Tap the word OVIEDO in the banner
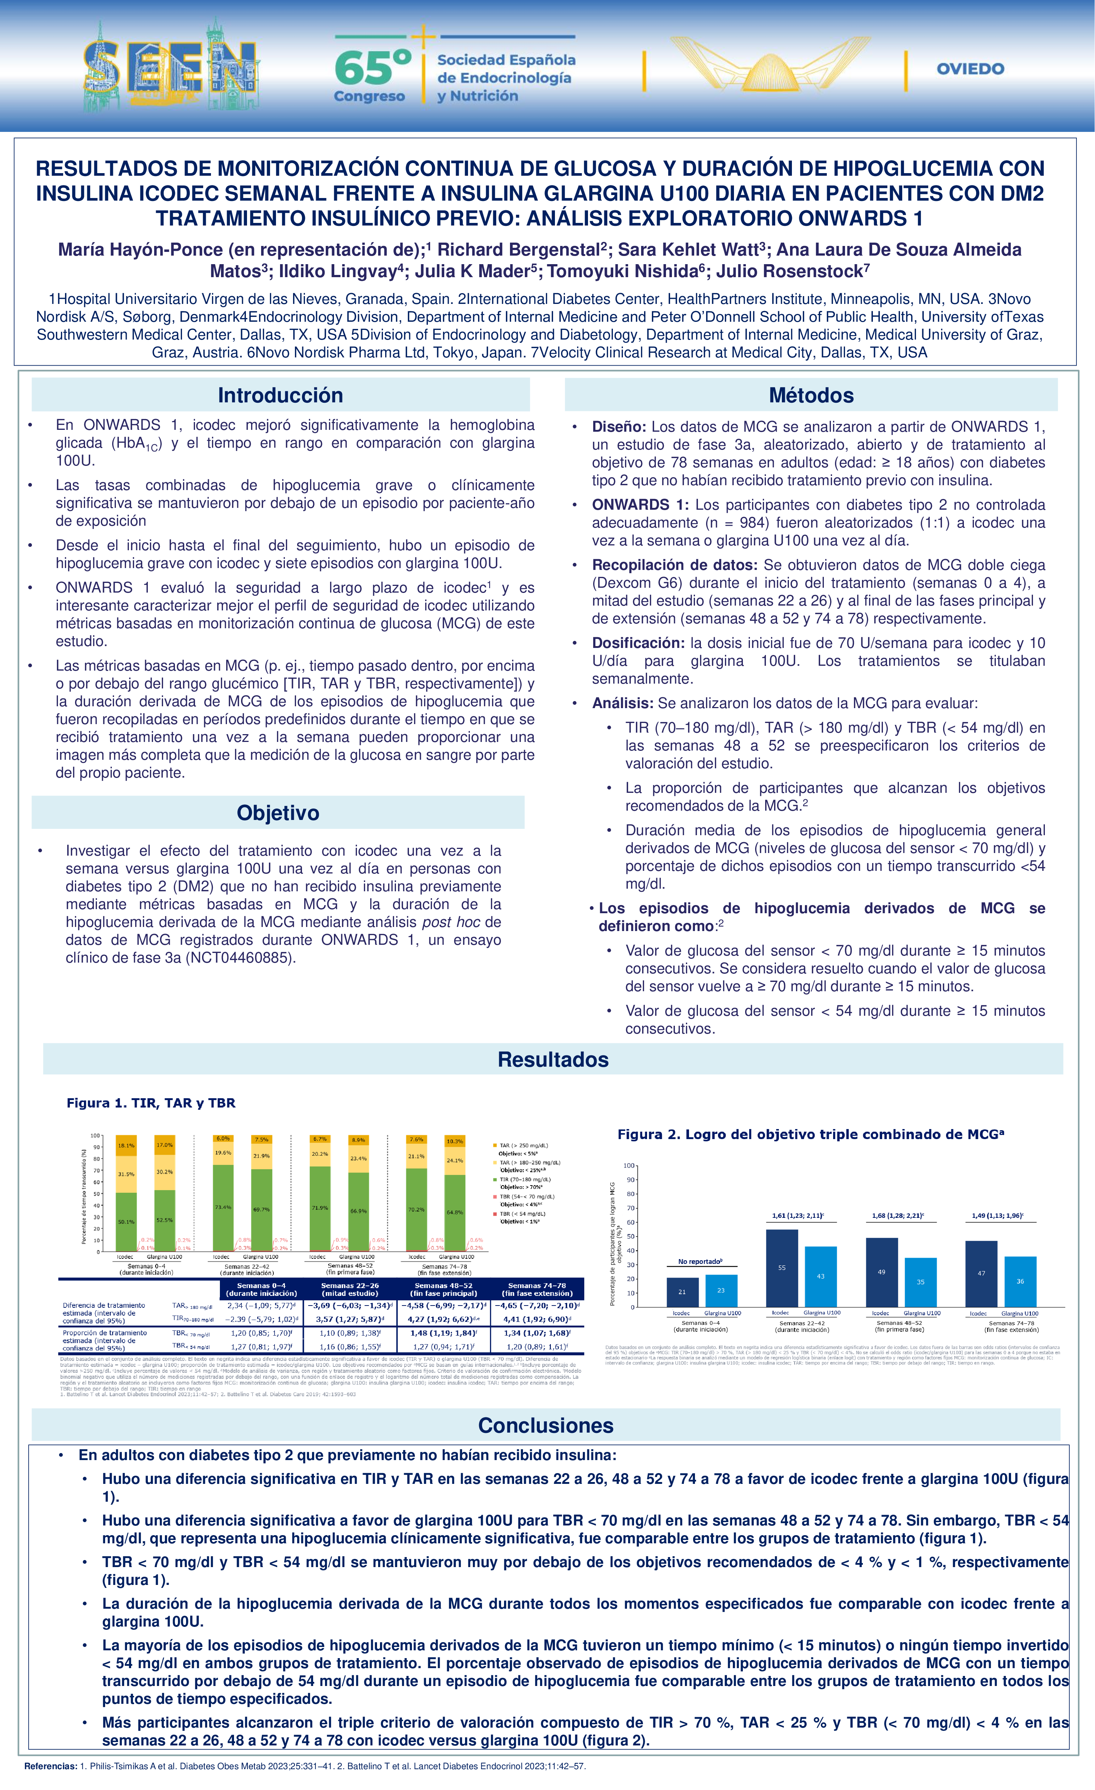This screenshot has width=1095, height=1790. pos(970,69)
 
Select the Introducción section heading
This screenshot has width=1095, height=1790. pos(280,395)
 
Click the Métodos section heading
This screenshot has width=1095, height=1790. pos(811,395)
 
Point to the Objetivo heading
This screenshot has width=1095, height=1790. pos(278,813)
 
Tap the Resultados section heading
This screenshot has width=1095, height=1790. pos(553,1059)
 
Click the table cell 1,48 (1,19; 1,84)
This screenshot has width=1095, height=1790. pos(443,1333)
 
